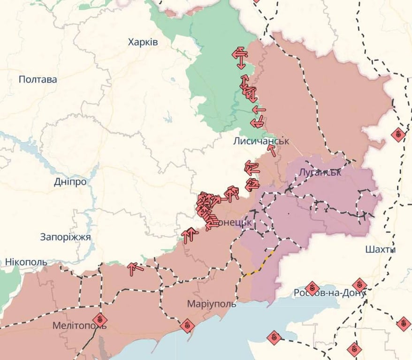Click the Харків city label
tap(143, 42)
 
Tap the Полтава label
tap(38, 79)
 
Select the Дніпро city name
tap(70, 181)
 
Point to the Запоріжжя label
tap(66, 237)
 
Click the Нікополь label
tap(26, 262)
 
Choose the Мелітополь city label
tap(79, 325)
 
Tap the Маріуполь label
tap(212, 303)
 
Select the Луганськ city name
tap(320, 172)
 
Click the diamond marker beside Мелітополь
tap(99, 320)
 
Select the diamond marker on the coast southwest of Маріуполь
tap(187, 325)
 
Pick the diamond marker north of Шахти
tap(398, 135)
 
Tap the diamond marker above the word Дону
tap(359, 284)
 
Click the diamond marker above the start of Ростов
tap(312, 288)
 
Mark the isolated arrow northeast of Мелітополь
tap(135, 268)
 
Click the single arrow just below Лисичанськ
tap(272, 150)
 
